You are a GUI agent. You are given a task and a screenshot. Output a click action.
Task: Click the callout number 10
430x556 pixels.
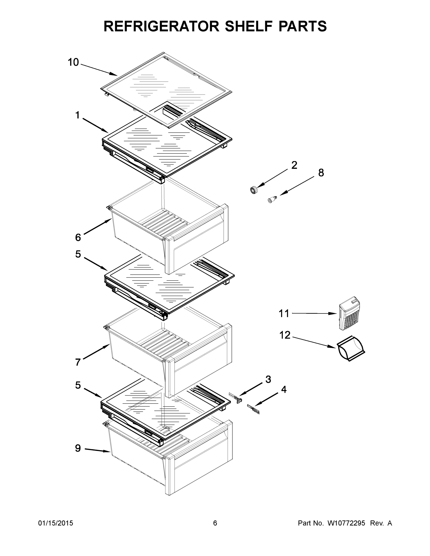(73, 62)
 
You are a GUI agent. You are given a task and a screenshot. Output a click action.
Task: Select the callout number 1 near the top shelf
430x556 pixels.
(77, 115)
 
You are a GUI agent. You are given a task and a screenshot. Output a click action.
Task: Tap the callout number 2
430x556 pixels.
(294, 165)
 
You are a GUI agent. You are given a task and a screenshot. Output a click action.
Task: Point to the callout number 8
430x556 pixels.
(321, 173)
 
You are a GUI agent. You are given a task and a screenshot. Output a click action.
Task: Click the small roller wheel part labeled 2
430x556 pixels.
(254, 190)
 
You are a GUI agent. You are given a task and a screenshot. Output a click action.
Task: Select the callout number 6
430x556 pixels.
(78, 237)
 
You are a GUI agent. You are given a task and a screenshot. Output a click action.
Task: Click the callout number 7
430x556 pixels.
(78, 362)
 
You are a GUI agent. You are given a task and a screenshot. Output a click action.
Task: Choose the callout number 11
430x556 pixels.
(284, 314)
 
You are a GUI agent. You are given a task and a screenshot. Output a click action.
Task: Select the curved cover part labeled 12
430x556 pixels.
(351, 348)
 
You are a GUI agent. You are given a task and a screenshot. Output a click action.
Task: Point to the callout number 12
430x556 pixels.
(285, 335)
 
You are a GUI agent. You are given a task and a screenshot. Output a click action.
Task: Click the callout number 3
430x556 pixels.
(268, 379)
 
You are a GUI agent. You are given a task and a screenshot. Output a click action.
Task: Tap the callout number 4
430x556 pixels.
(284, 389)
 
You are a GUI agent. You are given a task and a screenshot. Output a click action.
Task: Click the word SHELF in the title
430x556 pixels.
(248, 26)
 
